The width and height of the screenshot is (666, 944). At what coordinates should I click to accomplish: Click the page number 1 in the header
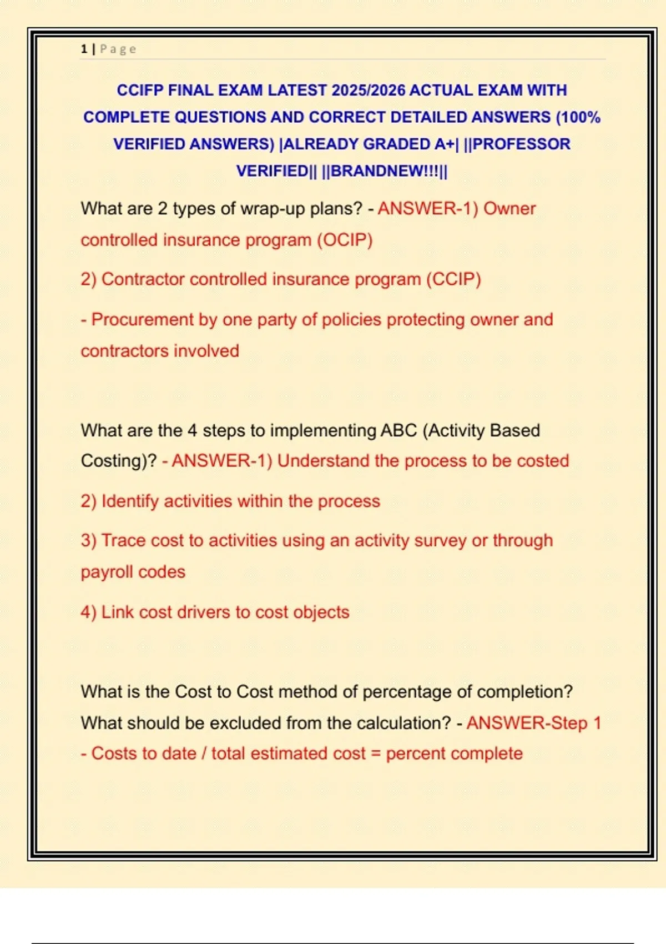(84, 49)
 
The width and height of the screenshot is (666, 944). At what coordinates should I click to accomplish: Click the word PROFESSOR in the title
(521, 144)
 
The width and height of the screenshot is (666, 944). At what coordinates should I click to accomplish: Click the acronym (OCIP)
(345, 240)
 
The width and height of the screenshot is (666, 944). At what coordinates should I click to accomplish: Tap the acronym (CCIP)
(453, 279)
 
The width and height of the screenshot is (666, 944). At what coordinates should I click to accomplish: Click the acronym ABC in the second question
(398, 431)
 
